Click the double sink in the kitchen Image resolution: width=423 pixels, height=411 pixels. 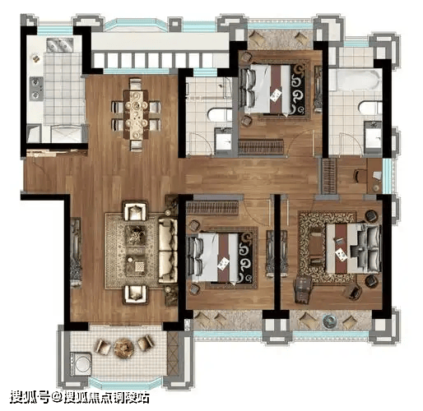click(x=60, y=45)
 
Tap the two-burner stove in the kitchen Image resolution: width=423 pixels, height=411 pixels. click(x=36, y=88)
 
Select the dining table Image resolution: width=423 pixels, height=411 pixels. click(x=136, y=114)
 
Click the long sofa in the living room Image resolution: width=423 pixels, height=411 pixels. click(x=168, y=251)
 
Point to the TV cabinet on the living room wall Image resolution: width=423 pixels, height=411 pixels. click(x=76, y=252)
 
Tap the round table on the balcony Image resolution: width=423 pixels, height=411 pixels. click(x=124, y=348)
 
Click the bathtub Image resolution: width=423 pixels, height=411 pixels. click(x=356, y=80)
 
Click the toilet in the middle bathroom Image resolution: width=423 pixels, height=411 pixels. click(x=220, y=114)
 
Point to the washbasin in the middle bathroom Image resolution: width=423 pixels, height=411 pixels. click(x=223, y=139)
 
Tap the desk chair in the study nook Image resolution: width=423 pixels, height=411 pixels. click(x=360, y=176)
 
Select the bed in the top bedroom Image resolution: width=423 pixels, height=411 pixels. click(x=270, y=89)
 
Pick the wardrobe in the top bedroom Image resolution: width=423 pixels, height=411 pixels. click(x=261, y=146)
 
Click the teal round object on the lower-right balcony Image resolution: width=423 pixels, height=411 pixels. click(x=329, y=321)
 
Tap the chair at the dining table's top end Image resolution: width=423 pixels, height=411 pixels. click(x=136, y=84)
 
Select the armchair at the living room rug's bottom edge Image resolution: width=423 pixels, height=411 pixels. click(x=136, y=293)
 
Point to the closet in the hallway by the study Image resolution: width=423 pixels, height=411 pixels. click(x=329, y=176)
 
